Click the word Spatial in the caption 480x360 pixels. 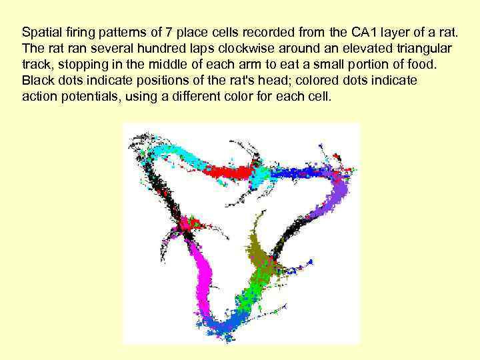39,32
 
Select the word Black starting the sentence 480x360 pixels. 37,81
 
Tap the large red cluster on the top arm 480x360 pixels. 230,173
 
